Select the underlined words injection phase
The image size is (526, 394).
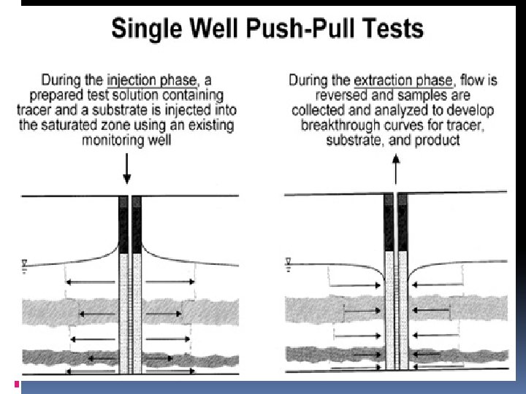click(x=151, y=81)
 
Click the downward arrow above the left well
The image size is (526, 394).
click(x=127, y=171)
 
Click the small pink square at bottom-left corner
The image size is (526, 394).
click(x=17, y=384)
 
